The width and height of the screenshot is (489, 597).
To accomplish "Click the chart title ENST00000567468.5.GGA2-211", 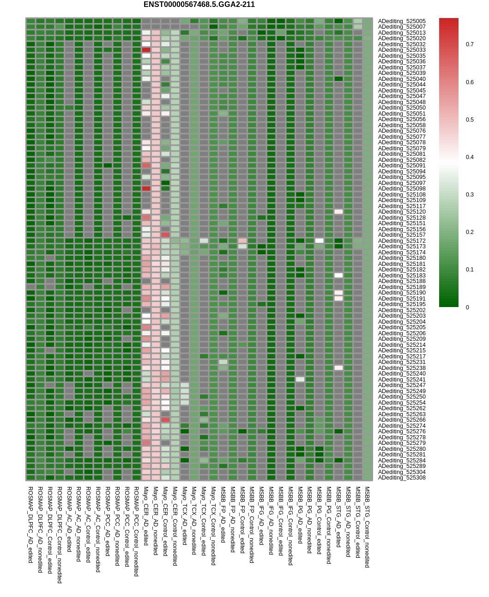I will [199, 5].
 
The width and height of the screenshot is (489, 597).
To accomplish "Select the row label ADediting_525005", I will [402, 21].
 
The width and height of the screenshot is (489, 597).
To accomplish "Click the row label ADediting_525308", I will [402, 478].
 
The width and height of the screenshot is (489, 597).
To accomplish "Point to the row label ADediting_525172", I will [402, 241].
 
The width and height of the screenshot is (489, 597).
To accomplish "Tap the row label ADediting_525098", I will [402, 189].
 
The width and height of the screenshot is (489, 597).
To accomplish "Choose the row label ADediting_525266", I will [402, 420].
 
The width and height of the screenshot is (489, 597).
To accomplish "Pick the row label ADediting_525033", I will [402, 50].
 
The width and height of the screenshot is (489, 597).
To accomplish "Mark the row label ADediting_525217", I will [402, 357].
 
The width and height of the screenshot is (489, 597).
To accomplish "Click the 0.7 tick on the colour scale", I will [470, 44].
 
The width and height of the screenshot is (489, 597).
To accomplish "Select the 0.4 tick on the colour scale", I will [470, 157].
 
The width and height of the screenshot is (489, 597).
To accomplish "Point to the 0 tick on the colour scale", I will [468, 308].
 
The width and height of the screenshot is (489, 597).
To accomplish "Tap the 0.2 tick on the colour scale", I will [470, 232].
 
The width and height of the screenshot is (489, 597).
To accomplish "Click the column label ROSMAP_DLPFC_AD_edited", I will [30, 524].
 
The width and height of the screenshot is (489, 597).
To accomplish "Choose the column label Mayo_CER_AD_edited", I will [146, 516].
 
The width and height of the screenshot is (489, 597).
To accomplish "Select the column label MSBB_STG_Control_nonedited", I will [367, 527].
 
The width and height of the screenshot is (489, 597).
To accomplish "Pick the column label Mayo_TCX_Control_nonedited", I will [213, 525].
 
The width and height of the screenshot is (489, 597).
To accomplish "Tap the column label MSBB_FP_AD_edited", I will [223, 514].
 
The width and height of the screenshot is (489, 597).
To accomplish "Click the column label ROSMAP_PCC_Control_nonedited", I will [136, 531].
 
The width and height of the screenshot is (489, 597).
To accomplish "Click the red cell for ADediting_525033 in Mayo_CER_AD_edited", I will [146, 50].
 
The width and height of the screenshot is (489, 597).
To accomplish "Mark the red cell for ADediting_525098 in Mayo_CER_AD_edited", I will [146, 189].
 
